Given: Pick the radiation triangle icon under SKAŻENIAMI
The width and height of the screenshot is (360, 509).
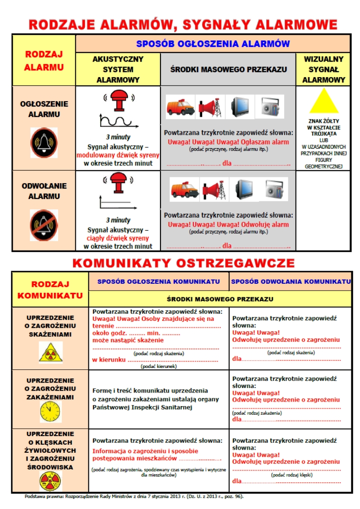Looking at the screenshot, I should coord(50,352).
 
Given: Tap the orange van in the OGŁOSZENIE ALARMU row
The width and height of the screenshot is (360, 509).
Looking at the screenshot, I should coord(180,107).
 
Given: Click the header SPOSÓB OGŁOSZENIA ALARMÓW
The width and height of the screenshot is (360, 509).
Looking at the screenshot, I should coord(213,44).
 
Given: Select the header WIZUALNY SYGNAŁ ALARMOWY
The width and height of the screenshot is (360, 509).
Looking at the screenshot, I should coord(323,69).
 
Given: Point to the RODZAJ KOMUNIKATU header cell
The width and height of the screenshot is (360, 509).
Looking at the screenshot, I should coord(50,290).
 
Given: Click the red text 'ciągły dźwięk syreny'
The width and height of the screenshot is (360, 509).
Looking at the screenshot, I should coord(118,238).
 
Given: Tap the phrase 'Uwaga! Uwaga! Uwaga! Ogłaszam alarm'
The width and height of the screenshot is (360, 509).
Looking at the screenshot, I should coord(228,142).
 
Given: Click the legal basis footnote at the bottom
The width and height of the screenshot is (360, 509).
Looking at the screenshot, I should coord(134,496).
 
